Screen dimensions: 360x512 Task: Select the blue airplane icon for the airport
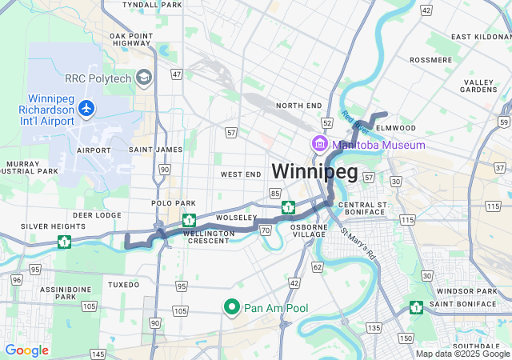(86, 107)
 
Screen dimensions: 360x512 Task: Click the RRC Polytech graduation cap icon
(144, 78)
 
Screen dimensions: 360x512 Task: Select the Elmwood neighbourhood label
(397, 127)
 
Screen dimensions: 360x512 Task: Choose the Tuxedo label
(123, 285)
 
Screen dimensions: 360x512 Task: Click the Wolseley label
(235, 217)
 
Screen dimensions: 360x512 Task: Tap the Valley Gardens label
(479, 86)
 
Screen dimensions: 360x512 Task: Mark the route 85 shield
(275, 194)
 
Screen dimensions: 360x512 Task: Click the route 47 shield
(177, 74)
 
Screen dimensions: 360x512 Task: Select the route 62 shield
(318, 266)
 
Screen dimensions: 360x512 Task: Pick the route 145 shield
(98, 354)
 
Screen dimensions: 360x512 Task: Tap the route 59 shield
(502, 122)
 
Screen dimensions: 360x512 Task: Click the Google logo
(26, 350)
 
